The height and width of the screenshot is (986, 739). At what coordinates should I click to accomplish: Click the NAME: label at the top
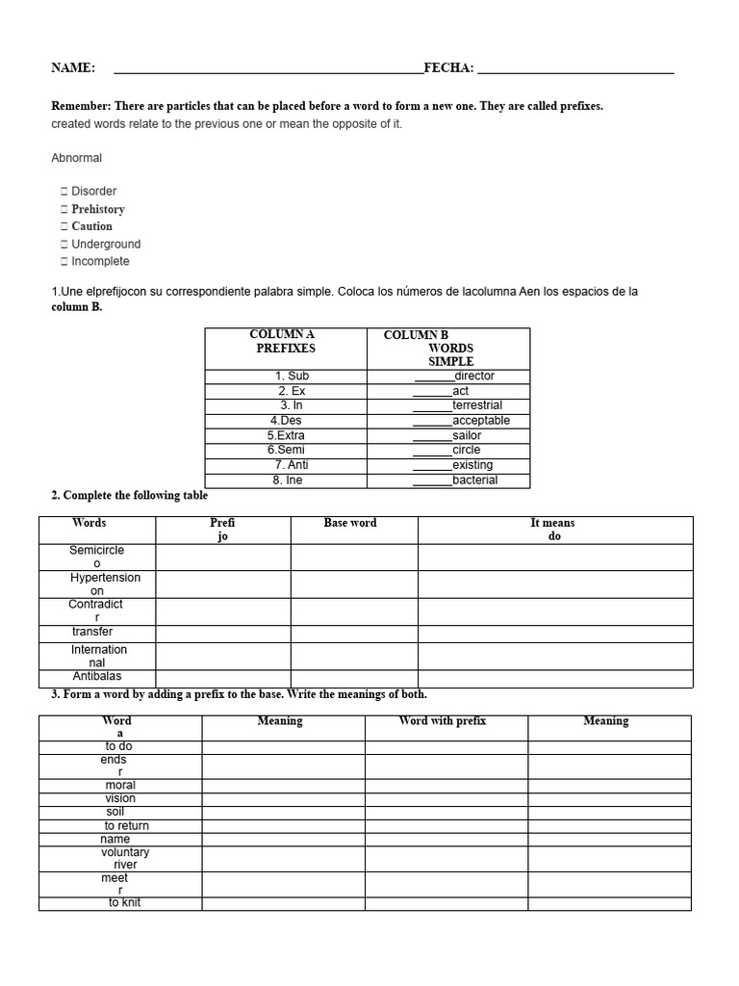point(73,67)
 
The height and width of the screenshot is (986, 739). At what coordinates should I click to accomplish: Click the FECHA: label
point(448,67)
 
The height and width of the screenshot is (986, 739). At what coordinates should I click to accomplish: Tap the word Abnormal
point(76,158)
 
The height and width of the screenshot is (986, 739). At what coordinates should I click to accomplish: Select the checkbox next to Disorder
point(64,192)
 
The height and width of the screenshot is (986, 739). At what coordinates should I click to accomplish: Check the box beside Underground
point(64,245)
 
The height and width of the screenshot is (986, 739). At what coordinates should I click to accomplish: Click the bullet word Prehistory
point(98,209)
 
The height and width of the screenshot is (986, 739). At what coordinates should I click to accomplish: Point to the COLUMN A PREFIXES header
point(286,341)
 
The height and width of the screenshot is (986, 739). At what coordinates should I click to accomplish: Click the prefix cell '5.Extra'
point(286,435)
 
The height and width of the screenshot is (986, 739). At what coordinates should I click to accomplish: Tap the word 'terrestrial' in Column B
point(477,405)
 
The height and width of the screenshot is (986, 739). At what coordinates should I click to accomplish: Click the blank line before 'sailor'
point(432,436)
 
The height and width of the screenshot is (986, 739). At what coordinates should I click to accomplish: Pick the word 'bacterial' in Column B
point(475,480)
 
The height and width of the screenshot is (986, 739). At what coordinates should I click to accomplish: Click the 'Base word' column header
point(350,523)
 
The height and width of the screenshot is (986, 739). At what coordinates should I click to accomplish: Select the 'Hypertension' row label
point(105,578)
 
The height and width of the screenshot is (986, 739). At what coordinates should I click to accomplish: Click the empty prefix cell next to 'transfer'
point(222,633)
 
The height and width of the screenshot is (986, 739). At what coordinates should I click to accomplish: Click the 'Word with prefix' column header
point(443,721)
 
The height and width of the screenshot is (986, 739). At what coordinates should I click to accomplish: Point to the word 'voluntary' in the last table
point(125,852)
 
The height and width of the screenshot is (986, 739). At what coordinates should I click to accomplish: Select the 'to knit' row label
point(124,903)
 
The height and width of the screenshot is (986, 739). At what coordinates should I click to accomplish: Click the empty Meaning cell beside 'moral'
point(283,786)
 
